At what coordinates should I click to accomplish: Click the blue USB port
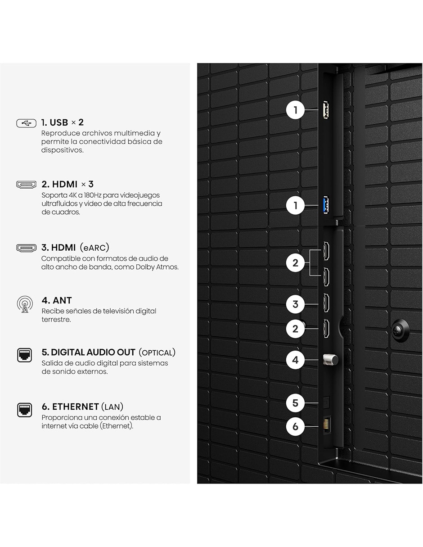(326, 205)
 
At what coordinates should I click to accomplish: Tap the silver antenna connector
(331, 360)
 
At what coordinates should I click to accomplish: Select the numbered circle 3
(295, 304)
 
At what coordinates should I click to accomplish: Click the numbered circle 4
(295, 360)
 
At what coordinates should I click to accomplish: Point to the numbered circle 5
(295, 403)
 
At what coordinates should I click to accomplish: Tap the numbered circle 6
(295, 426)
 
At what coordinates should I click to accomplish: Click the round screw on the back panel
(400, 330)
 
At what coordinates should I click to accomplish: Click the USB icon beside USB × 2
(26, 123)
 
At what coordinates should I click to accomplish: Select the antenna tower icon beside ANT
(25, 304)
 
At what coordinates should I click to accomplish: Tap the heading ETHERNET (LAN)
(82, 407)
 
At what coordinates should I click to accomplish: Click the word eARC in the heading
(94, 248)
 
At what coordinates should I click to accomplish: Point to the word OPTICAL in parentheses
(157, 353)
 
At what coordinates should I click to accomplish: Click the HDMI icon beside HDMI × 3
(26, 185)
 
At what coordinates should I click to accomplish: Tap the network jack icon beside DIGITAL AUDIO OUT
(24, 355)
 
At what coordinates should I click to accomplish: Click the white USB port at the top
(326, 110)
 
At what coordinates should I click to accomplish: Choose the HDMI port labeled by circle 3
(326, 303)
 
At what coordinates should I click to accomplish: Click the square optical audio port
(326, 402)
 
